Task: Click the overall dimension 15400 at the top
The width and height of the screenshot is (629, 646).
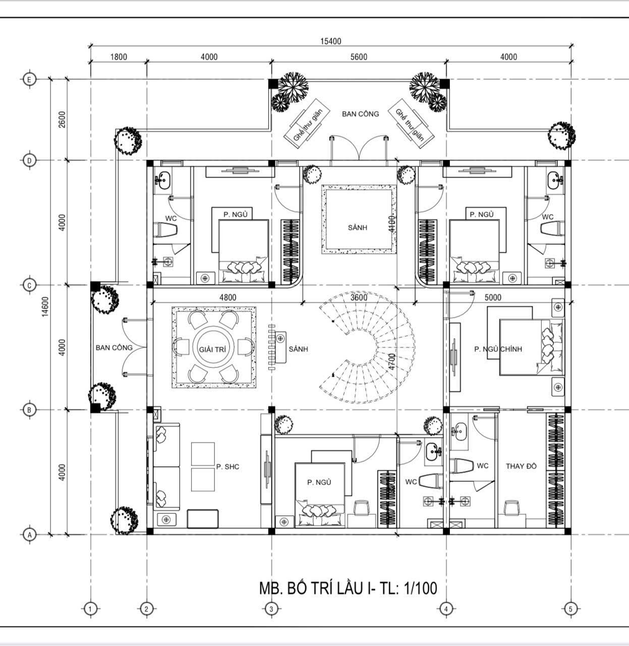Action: point(330,41)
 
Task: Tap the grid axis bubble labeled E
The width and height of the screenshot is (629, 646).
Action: point(29,79)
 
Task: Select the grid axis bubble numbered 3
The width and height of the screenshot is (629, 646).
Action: point(271,609)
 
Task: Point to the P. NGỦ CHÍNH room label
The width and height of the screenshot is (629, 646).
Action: point(498,349)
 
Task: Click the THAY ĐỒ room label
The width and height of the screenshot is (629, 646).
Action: point(521,466)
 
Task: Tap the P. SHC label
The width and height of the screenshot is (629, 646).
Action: point(227,467)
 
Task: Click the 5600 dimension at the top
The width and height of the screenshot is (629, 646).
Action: point(359,57)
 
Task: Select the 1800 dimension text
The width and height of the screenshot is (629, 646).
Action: point(119,57)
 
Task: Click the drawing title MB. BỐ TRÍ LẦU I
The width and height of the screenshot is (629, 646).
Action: point(348,588)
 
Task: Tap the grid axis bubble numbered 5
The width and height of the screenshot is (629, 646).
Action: point(570,609)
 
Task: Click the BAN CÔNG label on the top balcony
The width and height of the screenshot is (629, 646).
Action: point(360,114)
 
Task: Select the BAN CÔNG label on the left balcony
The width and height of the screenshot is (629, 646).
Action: point(114,347)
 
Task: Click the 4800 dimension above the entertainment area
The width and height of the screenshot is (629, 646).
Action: point(227,297)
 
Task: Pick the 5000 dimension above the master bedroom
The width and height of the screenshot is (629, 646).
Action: point(492,297)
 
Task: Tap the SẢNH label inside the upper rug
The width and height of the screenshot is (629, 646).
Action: point(358,228)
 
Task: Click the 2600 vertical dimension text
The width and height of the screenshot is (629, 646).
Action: point(62,119)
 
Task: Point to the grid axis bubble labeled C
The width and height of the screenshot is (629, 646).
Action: point(29,285)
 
